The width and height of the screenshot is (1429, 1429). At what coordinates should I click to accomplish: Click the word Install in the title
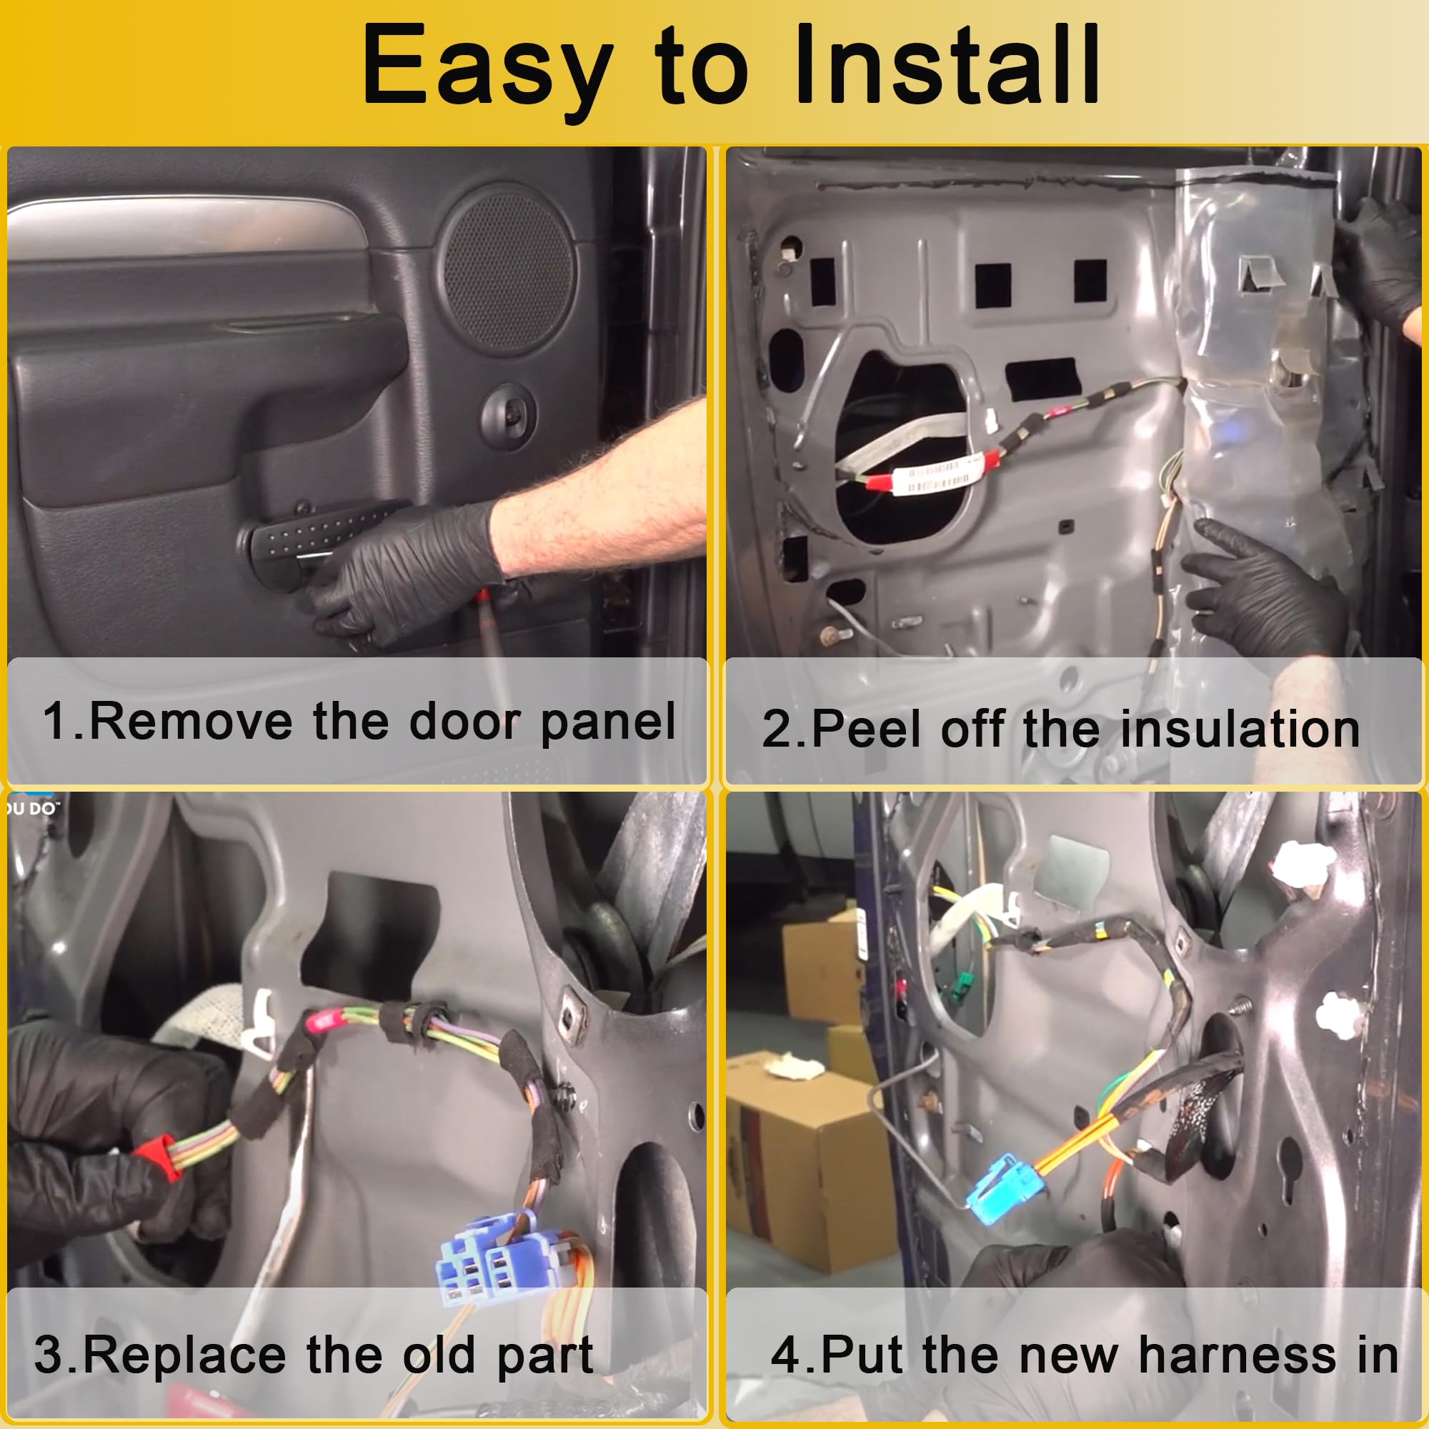point(946,65)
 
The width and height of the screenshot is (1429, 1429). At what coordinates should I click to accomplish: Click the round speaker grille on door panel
point(509,269)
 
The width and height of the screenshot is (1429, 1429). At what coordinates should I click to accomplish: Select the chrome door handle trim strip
point(185,226)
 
